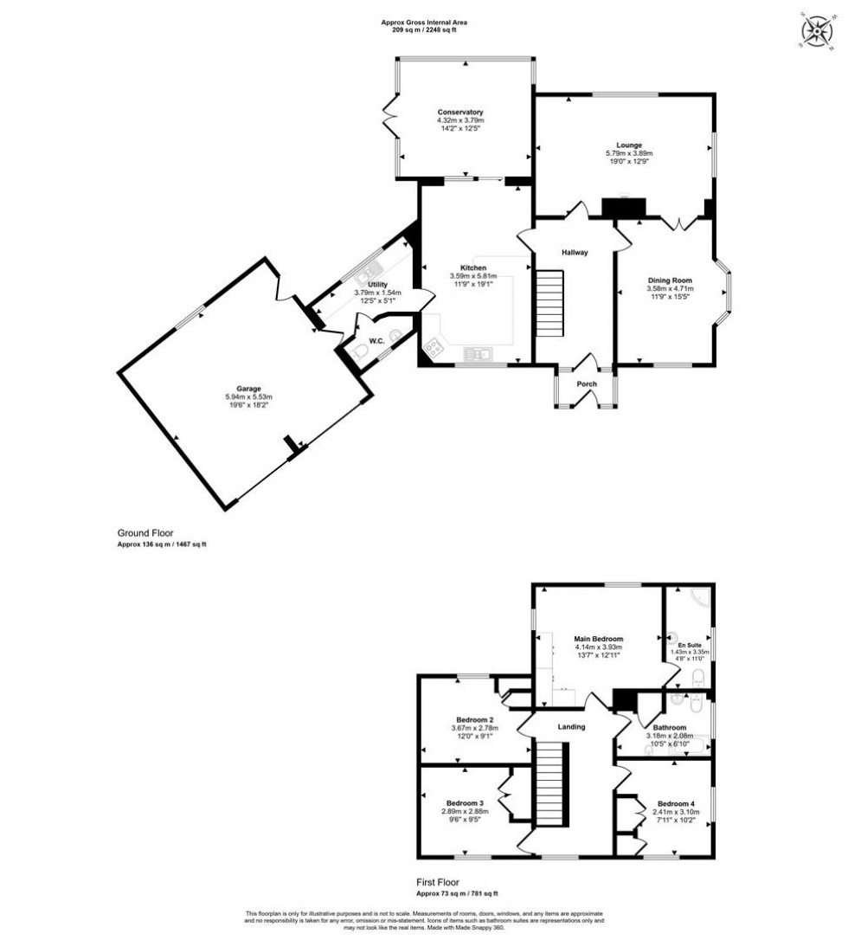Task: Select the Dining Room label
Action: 671,280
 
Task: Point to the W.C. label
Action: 376,341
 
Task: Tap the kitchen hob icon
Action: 434,349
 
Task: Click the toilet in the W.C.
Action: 361,351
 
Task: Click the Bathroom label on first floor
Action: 670,728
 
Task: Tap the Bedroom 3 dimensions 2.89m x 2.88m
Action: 464,811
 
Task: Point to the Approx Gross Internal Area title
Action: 418,23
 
